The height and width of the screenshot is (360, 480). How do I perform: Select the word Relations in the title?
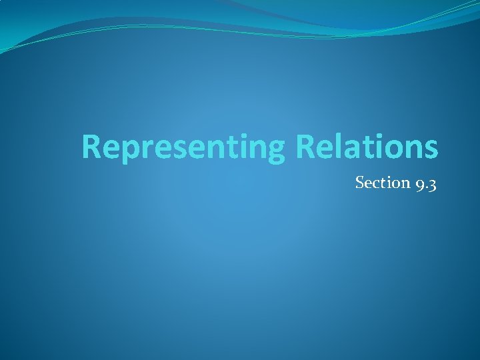[367, 147]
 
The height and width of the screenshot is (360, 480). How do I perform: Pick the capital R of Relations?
[306, 147]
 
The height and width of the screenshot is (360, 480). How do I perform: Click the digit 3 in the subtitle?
[432, 183]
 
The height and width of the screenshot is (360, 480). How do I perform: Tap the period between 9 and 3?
[425, 187]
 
